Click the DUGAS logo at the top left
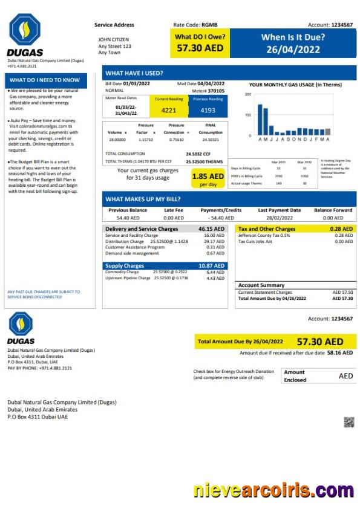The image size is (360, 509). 24,34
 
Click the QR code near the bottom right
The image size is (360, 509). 349,422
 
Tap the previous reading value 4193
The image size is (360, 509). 208,110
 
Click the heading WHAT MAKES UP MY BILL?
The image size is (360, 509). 143,198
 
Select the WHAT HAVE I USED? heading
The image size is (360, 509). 134,73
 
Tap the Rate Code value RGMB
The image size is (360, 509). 209,25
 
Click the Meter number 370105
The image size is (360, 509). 216,90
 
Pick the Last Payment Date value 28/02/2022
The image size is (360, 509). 279,218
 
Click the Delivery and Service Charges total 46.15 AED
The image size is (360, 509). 212,229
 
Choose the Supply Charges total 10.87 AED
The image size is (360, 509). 212,266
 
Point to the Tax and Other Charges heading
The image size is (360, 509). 267,229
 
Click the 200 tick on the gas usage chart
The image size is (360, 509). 248,95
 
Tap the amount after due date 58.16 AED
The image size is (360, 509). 340,353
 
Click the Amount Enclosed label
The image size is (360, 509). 295,376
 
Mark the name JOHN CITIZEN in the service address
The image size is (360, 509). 113,40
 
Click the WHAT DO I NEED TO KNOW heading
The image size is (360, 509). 45,79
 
